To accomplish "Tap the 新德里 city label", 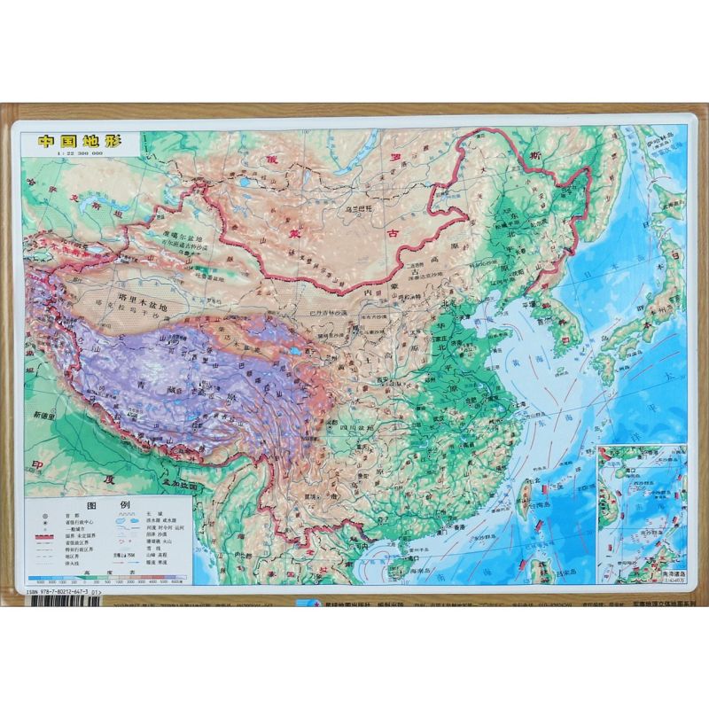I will tap(43, 416).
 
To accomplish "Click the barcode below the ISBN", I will tap(62, 599).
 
